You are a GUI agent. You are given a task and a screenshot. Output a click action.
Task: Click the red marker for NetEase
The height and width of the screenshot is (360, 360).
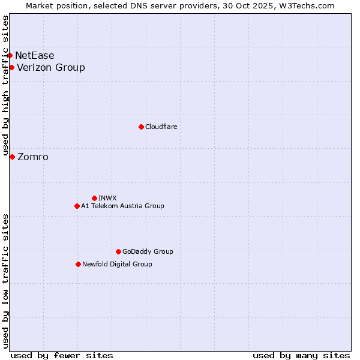click(x=10, y=55)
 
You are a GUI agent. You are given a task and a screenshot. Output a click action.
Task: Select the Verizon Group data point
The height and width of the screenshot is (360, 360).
click(x=12, y=67)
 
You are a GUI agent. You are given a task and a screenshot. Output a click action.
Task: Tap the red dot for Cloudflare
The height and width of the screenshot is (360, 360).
click(x=141, y=127)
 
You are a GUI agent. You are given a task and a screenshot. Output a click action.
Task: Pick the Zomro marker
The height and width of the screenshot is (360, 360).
click(x=12, y=157)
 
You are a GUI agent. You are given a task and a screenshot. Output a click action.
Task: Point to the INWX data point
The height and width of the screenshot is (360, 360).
click(x=94, y=198)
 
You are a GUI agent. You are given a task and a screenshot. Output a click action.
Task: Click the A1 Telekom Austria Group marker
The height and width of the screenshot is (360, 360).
click(x=77, y=206)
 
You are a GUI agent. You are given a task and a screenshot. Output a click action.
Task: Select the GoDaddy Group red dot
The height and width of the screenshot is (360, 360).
click(x=118, y=251)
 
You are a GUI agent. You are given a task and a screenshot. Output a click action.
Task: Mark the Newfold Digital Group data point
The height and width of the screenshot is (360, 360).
click(x=78, y=264)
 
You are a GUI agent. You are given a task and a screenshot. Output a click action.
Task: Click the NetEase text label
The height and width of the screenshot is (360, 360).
click(x=35, y=55)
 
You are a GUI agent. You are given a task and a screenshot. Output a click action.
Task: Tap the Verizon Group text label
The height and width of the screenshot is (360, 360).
click(x=51, y=67)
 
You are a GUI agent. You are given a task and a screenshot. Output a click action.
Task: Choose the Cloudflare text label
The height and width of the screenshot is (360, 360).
click(x=161, y=127)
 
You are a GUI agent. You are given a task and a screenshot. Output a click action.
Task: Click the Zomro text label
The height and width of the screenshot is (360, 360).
click(x=33, y=157)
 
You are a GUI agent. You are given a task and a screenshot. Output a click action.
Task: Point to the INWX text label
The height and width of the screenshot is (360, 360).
click(x=107, y=198)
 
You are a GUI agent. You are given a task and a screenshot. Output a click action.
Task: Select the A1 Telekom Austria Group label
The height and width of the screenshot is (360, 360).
click(x=122, y=206)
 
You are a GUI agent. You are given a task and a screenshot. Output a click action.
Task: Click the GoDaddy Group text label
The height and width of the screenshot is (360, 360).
click(x=148, y=251)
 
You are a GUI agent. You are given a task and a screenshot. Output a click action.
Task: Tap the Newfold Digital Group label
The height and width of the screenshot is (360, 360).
click(x=117, y=264)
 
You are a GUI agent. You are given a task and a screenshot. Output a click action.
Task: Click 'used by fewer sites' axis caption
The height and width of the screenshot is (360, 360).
click(x=62, y=355)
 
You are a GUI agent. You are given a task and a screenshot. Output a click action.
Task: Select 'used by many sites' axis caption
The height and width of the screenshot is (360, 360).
click(x=301, y=355)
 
